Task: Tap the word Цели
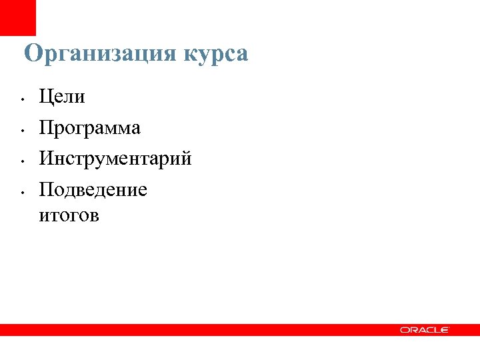coord(62,97)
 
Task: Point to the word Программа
coord(90,128)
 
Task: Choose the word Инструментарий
coord(115,159)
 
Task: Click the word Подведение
coord(93,190)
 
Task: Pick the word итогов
coord(69,216)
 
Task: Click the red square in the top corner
coord(17,17)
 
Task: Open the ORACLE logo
coord(425,330)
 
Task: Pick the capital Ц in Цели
coord(46,97)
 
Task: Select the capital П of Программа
coord(46,127)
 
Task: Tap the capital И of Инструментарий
coord(46,159)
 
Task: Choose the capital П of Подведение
coord(46,190)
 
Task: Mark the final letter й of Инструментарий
coord(186,159)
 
